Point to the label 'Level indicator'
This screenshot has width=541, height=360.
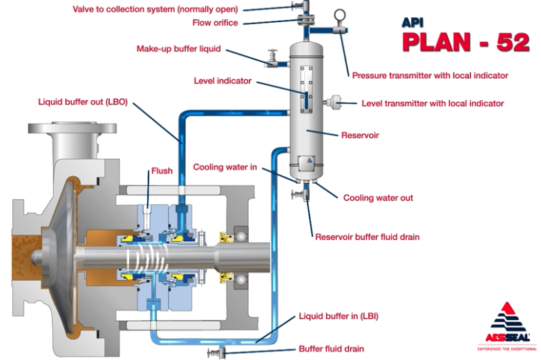click(222, 81)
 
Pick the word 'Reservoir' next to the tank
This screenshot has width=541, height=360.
click(360, 135)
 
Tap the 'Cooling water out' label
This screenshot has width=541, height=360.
click(378, 198)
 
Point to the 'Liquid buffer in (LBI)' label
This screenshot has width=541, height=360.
click(338, 316)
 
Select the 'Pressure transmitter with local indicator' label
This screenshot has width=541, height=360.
click(430, 75)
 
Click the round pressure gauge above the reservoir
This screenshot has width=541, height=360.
click(339, 15)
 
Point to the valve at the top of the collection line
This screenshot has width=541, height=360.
click(299, 8)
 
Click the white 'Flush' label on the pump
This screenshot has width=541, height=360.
click(162, 171)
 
